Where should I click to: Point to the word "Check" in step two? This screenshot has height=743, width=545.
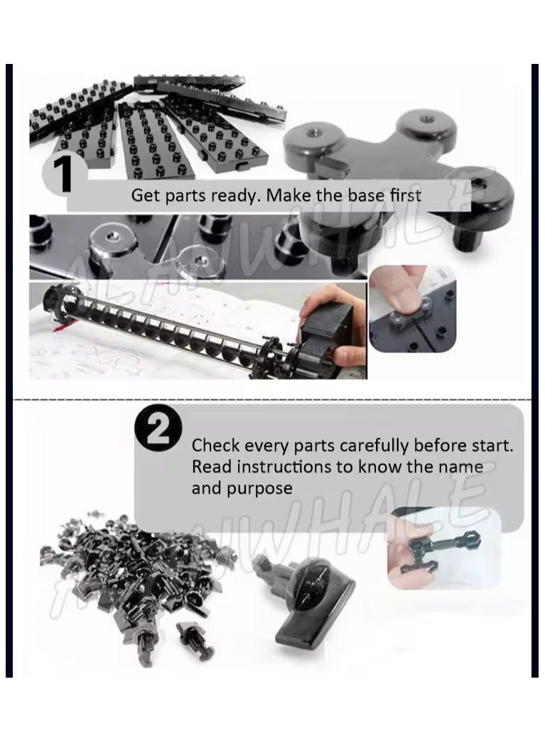tap(215, 446)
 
